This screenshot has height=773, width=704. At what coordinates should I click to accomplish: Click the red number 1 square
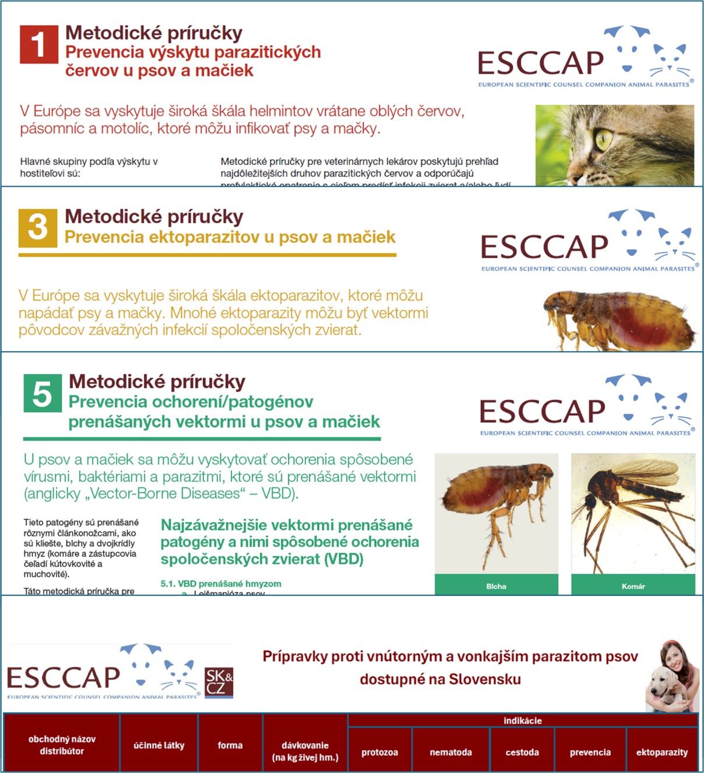point(38,44)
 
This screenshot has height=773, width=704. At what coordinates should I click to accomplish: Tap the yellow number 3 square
point(38,228)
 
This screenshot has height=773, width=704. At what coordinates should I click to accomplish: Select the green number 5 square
point(43,393)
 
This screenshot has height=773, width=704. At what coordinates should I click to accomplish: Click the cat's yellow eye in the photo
point(604,139)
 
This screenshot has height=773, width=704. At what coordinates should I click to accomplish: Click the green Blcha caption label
point(496,585)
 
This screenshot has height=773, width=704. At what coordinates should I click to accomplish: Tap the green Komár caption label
point(633,585)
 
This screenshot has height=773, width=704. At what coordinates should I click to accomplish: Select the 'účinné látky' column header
point(159,745)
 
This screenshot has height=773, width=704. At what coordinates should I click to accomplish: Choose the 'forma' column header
point(230,745)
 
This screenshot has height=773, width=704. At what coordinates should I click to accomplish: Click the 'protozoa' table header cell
point(379,752)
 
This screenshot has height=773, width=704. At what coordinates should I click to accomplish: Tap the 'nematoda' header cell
point(450,752)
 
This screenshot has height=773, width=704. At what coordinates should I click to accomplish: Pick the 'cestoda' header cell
point(522,752)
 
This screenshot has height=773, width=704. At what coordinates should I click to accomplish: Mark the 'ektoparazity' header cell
point(661,752)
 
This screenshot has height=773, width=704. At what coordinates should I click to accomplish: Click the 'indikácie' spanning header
point(522,721)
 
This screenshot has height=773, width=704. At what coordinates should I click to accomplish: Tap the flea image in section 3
point(618,320)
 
